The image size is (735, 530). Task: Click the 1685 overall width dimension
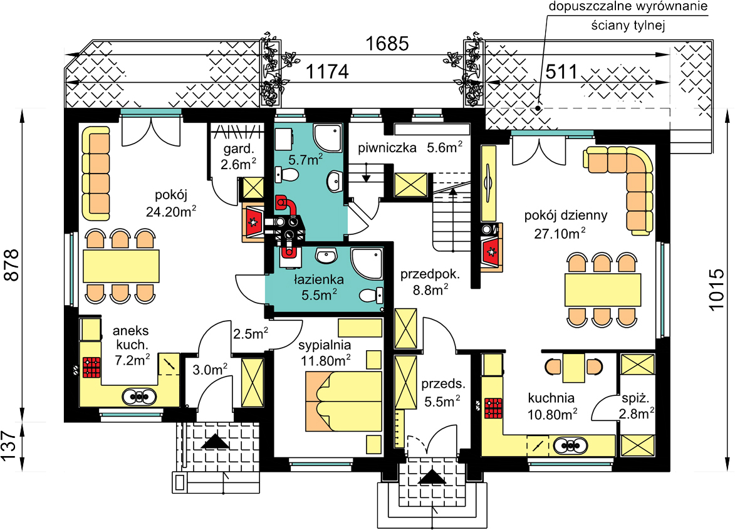(x=387, y=44)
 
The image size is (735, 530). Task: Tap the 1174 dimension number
(x=327, y=72)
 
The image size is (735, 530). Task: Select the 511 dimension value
(x=561, y=72)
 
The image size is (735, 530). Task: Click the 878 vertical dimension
(x=12, y=265)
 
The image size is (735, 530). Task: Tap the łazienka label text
(x=319, y=280)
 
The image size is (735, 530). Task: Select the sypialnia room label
(x=325, y=346)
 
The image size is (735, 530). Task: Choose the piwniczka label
(x=387, y=148)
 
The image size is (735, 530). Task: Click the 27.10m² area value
(x=560, y=233)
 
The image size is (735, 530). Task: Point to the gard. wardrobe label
(x=239, y=150)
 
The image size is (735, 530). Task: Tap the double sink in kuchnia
(x=570, y=445)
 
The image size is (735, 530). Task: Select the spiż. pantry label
(x=635, y=399)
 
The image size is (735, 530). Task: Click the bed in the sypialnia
(x=343, y=402)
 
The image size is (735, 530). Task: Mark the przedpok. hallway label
(x=430, y=274)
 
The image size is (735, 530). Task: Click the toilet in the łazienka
(x=371, y=296)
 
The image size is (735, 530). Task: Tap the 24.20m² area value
(x=171, y=211)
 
